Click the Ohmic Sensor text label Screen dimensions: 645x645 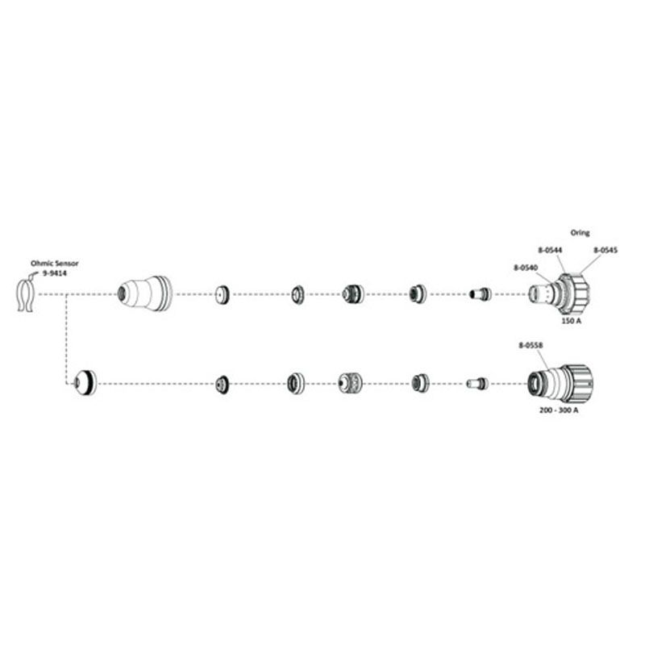(54, 264)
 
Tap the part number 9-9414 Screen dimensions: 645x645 (55, 273)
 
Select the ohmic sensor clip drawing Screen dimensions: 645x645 (25, 294)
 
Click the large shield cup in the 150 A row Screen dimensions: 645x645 (144, 293)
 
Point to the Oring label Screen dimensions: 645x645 (580, 233)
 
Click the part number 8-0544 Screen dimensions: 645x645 (550, 250)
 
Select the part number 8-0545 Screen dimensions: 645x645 (605, 250)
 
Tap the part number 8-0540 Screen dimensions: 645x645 (526, 268)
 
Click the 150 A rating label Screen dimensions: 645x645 (572, 320)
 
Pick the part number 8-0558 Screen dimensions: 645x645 (531, 346)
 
